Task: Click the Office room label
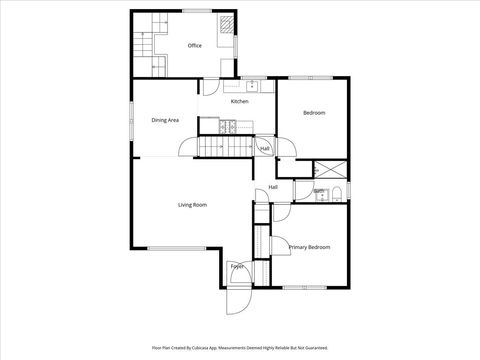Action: [x=195, y=46]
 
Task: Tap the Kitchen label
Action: [x=239, y=101]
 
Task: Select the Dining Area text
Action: [x=165, y=120]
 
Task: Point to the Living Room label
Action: [x=192, y=205]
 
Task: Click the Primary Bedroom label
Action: [x=309, y=247]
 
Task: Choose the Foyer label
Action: [x=237, y=266]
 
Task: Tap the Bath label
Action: [x=319, y=191]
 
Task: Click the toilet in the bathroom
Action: [x=337, y=192]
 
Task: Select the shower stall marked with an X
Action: [x=328, y=169]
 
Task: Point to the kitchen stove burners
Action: [x=230, y=126]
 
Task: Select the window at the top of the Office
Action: [x=197, y=11]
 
